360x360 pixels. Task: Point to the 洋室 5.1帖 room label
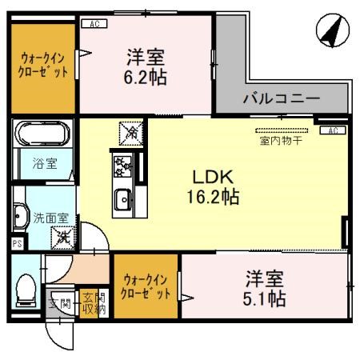264,290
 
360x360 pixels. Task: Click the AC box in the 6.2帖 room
94,24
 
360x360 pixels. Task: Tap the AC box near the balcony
331,130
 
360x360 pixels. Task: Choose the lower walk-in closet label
146,286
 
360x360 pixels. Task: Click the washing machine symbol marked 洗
62,237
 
